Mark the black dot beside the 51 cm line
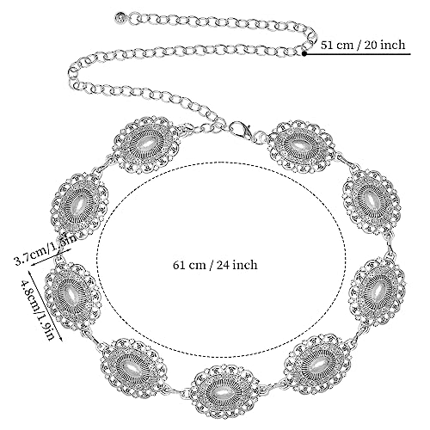308,53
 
